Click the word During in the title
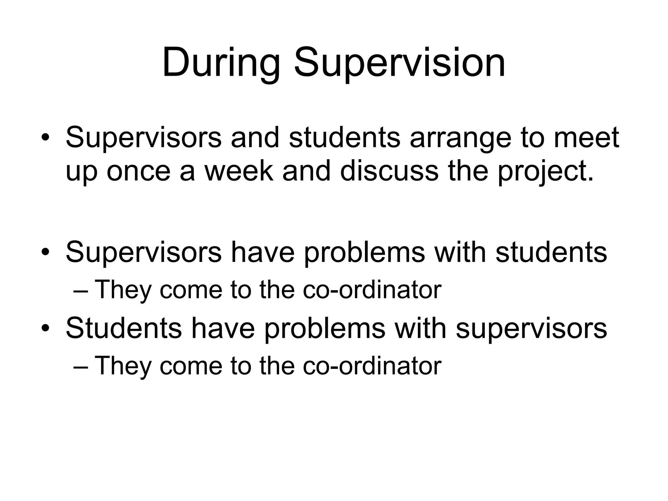click(221, 63)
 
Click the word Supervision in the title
click(400, 63)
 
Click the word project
click(545, 172)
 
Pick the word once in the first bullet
click(138, 171)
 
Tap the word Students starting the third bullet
click(124, 328)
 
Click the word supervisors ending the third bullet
click(531, 328)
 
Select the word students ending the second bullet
click(551, 252)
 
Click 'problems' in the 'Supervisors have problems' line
click(365, 252)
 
